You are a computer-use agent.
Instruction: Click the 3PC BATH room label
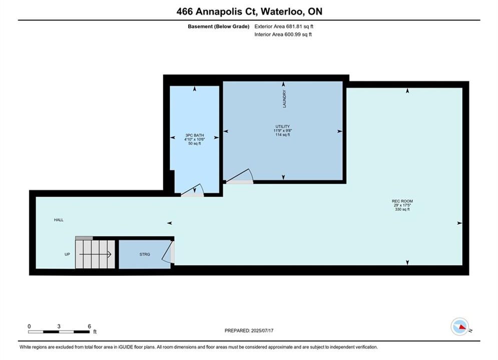(x=194, y=135)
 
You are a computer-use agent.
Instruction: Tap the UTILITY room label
(x=283, y=126)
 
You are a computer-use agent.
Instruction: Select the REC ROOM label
(x=402, y=201)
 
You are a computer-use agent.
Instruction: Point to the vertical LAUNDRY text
(x=284, y=98)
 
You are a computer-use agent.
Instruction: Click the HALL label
(x=59, y=220)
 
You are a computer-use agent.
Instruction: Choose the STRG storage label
(x=145, y=254)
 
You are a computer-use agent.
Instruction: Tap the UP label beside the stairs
(x=67, y=254)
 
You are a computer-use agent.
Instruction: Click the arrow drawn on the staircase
(x=95, y=254)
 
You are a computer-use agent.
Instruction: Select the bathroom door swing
(x=193, y=190)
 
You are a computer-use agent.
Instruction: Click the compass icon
(x=459, y=326)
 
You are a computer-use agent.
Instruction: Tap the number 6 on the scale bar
(x=89, y=326)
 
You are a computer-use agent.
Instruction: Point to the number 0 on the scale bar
(x=29, y=326)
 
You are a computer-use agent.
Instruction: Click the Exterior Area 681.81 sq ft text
(x=284, y=26)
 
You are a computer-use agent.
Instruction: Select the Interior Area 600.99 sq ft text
(x=283, y=34)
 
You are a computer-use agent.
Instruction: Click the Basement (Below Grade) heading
(x=219, y=26)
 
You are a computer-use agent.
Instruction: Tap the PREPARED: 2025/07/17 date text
(x=249, y=330)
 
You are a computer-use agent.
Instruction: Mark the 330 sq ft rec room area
(x=402, y=209)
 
